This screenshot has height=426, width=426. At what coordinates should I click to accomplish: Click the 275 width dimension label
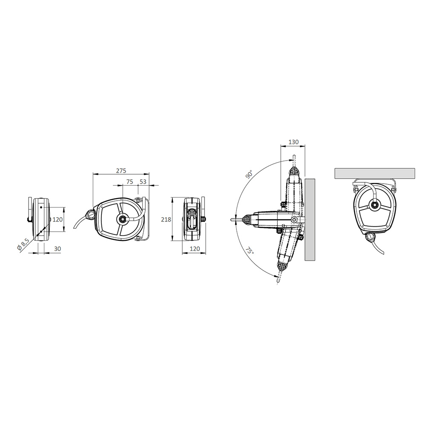121,171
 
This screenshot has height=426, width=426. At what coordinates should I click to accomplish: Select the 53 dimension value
143,181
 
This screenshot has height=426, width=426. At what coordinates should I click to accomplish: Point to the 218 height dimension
166,219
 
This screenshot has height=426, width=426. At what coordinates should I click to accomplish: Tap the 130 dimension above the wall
294,142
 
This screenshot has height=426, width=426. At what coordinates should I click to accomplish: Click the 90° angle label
249,174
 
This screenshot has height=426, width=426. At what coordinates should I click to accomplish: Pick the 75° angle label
250,250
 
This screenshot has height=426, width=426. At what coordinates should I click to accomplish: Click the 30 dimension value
58,249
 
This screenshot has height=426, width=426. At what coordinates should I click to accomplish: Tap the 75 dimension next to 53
130,181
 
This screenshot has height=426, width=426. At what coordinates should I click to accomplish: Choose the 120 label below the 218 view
195,249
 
